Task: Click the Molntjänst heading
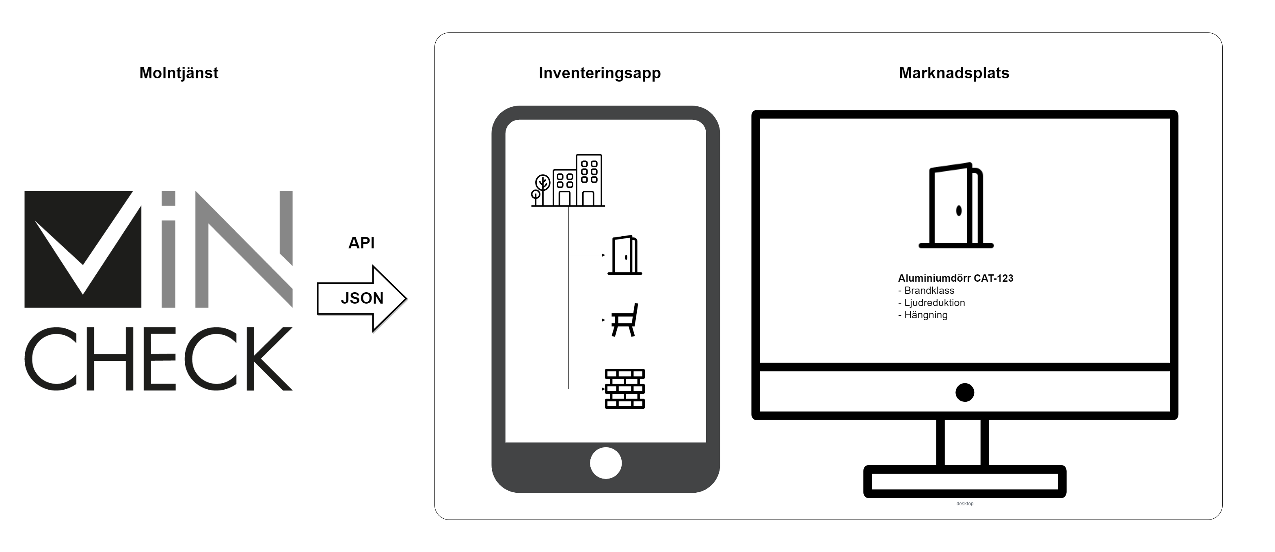pos(179,73)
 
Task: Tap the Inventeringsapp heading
pos(599,73)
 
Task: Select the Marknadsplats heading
pos(954,73)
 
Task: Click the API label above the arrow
pos(361,243)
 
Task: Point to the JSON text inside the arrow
pos(362,298)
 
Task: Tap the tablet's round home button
pos(605,463)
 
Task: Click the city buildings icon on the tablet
pos(568,180)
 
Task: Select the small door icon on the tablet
pos(625,255)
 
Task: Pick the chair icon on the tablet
pos(625,320)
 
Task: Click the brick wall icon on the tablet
pos(625,389)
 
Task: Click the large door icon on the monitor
pos(956,205)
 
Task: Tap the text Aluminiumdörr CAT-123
pos(955,278)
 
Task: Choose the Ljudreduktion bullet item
pos(931,303)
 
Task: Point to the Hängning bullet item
pos(923,315)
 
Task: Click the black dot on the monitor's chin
pos(965,393)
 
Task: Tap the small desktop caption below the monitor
pos(965,504)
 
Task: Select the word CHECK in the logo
pos(158,359)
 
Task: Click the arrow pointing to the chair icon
pos(586,320)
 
